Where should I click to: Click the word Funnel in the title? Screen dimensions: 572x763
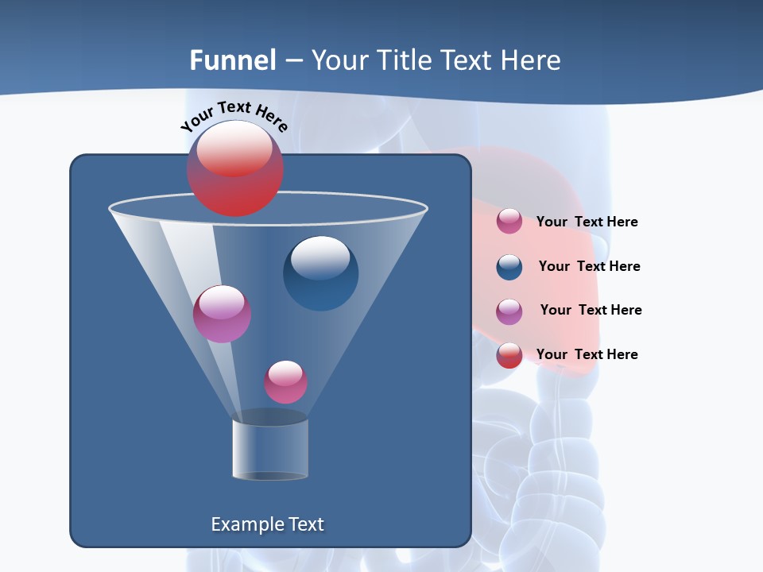(233, 60)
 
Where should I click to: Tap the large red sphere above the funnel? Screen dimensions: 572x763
(235, 168)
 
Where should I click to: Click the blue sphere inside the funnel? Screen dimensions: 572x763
(320, 273)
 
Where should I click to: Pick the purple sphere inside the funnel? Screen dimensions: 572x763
(222, 314)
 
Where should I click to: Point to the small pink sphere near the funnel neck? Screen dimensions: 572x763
(285, 382)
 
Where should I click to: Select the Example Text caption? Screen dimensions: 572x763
(268, 524)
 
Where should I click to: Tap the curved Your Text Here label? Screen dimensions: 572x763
(234, 116)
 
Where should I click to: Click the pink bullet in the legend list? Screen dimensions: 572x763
(509, 222)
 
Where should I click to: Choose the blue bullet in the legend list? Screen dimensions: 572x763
(509, 267)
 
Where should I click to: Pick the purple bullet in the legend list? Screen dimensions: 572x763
(509, 311)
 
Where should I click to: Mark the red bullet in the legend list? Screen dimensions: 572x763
(509, 355)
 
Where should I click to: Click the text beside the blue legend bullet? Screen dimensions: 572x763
(589, 266)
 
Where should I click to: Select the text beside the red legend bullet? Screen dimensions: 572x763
(587, 354)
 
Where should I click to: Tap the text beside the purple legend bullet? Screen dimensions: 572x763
(591, 310)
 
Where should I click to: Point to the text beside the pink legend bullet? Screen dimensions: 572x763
(587, 222)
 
